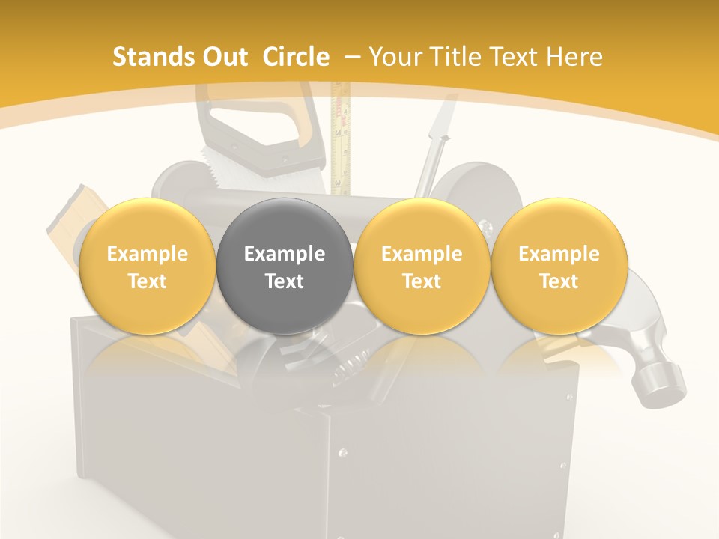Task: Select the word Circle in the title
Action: tap(296, 57)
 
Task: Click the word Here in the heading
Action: tap(575, 57)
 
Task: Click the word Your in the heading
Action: tap(395, 57)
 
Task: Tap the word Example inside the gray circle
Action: tap(285, 254)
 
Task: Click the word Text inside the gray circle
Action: tap(285, 281)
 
